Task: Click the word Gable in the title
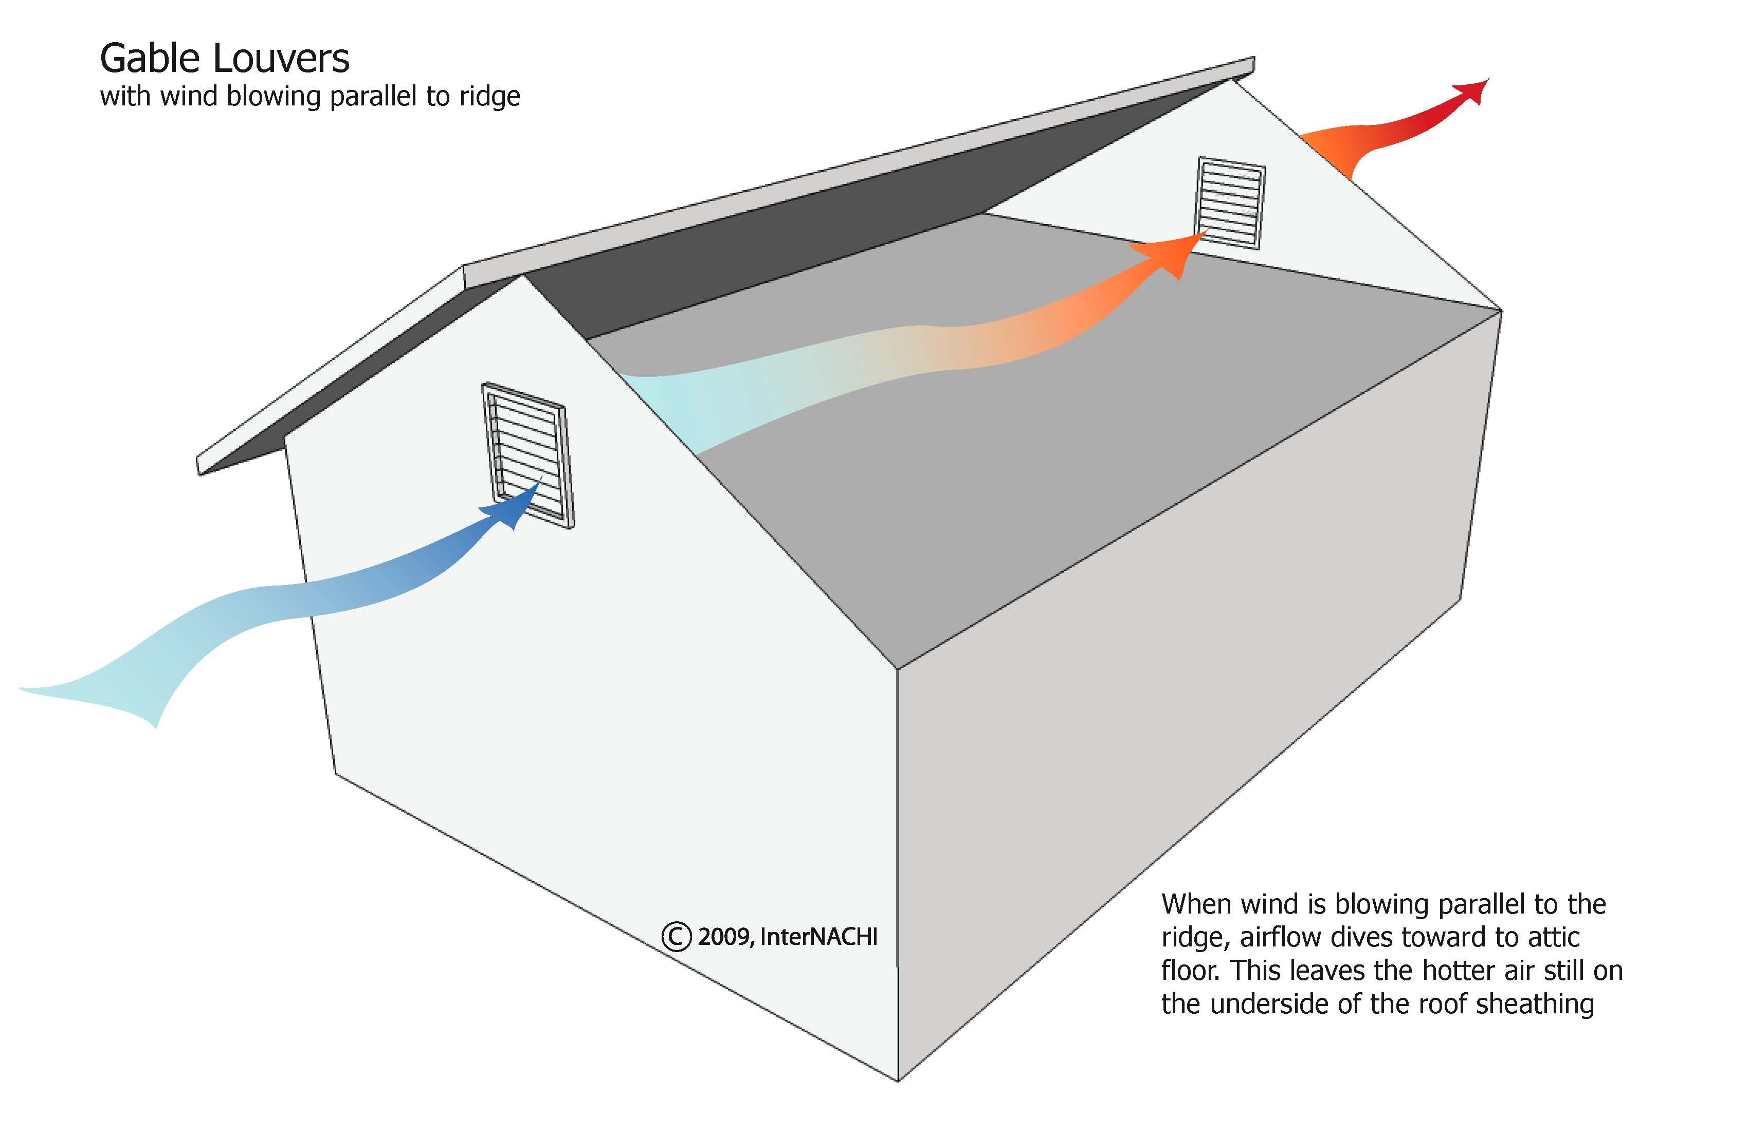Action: pos(151,59)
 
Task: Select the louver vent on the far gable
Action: pos(1231,203)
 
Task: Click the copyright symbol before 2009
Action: pos(676,936)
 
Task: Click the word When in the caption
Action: pos(1195,904)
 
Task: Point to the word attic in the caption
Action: pos(1553,937)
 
